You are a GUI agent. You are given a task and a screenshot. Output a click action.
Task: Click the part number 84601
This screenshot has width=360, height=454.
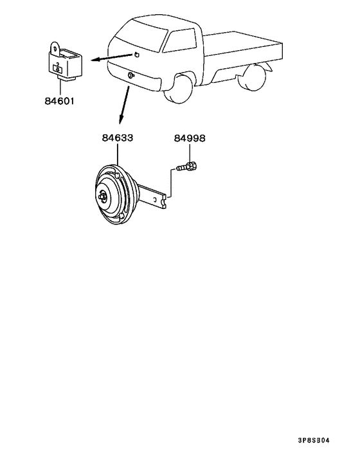[60, 101]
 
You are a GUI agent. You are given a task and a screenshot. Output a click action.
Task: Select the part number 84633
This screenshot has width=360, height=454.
[118, 138]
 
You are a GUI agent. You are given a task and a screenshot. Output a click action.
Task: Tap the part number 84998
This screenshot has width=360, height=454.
[190, 138]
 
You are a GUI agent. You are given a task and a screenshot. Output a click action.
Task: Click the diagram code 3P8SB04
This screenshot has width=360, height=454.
[314, 440]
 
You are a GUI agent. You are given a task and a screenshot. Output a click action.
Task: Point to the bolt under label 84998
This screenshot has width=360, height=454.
[187, 167]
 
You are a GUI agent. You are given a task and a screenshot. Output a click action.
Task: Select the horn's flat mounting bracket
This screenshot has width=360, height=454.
[152, 196]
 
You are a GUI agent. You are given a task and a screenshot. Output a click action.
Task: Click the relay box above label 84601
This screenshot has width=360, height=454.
[65, 63]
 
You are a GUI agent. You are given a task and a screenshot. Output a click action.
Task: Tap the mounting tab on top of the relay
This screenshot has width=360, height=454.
[55, 48]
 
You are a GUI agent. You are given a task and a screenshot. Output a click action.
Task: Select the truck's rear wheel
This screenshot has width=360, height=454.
[253, 77]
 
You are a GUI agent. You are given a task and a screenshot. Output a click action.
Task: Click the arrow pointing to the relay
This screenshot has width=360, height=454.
[112, 57]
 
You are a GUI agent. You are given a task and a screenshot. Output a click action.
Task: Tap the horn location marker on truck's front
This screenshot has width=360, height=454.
[130, 75]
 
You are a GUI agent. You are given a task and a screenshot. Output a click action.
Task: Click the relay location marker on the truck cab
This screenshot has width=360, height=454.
[136, 54]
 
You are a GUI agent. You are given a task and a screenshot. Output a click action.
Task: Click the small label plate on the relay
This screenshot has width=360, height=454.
[58, 69]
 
